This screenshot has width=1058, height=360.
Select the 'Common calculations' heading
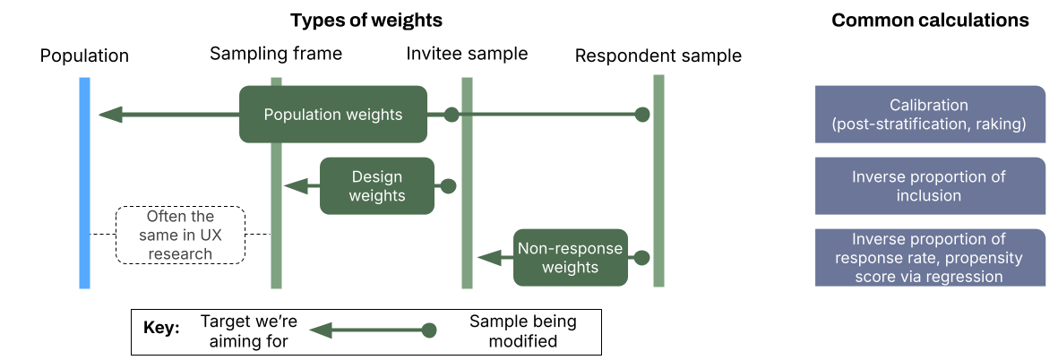930,20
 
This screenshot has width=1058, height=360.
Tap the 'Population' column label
84,56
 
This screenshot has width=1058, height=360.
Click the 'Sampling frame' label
276,54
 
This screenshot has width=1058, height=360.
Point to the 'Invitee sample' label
467,54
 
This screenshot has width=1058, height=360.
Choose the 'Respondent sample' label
658,56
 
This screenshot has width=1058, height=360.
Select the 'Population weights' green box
332,115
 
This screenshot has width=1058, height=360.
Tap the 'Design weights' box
376,186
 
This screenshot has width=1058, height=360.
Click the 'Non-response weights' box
570,258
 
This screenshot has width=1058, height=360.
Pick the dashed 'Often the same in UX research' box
180,235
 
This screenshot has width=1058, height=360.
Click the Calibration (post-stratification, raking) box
930,115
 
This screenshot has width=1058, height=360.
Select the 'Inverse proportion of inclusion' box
930,186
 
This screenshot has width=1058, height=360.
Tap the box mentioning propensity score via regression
930,258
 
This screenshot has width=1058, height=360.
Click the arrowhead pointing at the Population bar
110,115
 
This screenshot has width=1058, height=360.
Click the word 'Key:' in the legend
162,330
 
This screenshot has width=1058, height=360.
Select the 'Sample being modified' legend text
523,330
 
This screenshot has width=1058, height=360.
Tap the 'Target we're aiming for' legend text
248,330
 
